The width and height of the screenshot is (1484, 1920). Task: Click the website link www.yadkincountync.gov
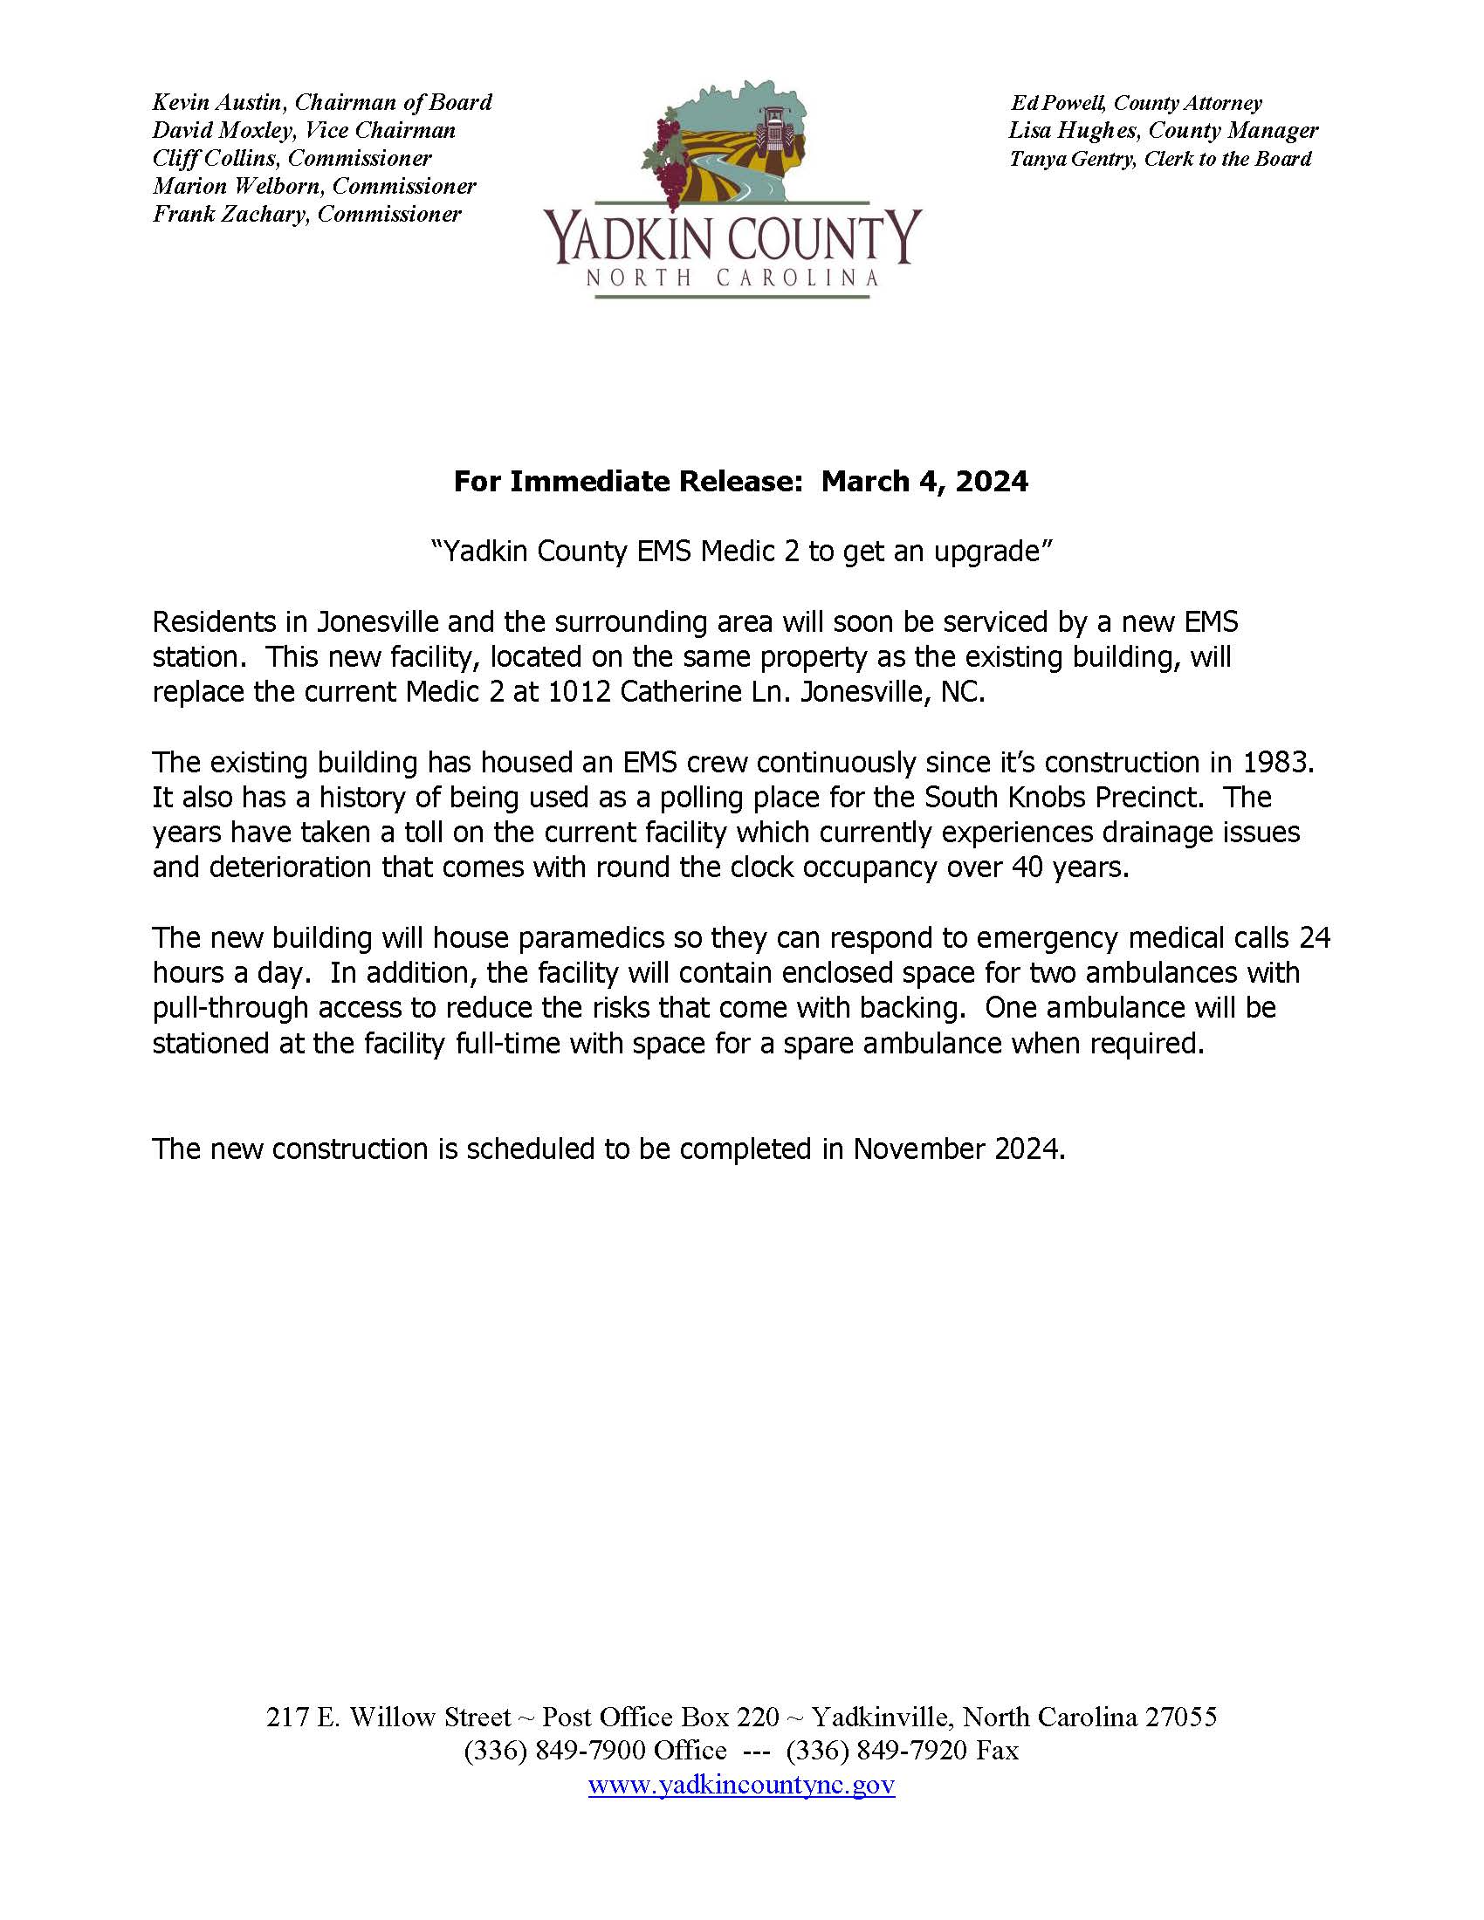[741, 1786]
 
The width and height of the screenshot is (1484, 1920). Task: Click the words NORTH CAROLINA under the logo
[732, 278]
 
